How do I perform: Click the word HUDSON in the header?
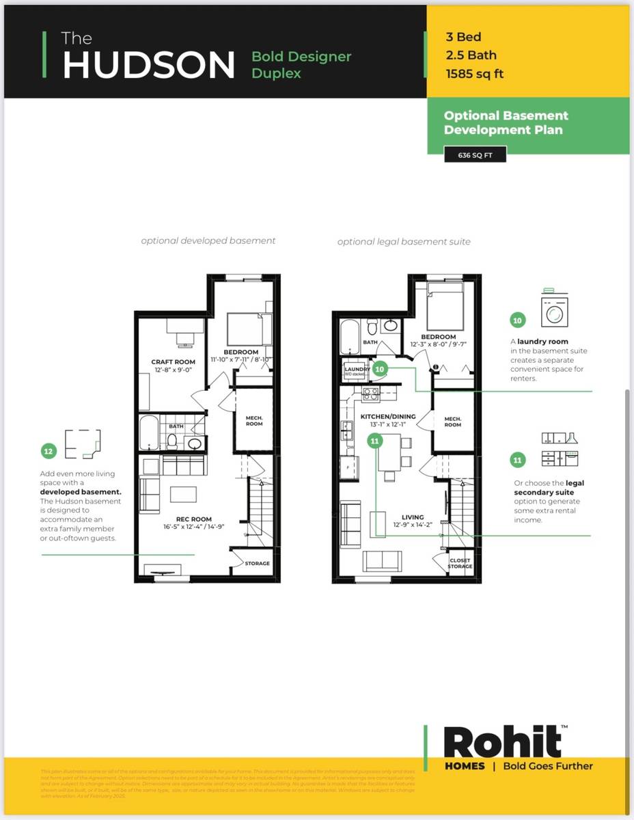pos(149,65)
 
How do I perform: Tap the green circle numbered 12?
pos(48,451)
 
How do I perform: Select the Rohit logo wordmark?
pos(502,742)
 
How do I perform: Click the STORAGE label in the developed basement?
pos(258,564)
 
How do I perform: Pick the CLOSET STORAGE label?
pos(460,564)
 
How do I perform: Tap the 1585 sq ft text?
pos(474,74)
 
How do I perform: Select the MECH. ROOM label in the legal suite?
pos(452,422)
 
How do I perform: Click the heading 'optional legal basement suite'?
pos(403,241)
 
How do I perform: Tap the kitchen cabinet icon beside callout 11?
pos(560,449)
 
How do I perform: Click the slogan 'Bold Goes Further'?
pos(548,766)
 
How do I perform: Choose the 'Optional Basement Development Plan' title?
pos(506,122)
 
